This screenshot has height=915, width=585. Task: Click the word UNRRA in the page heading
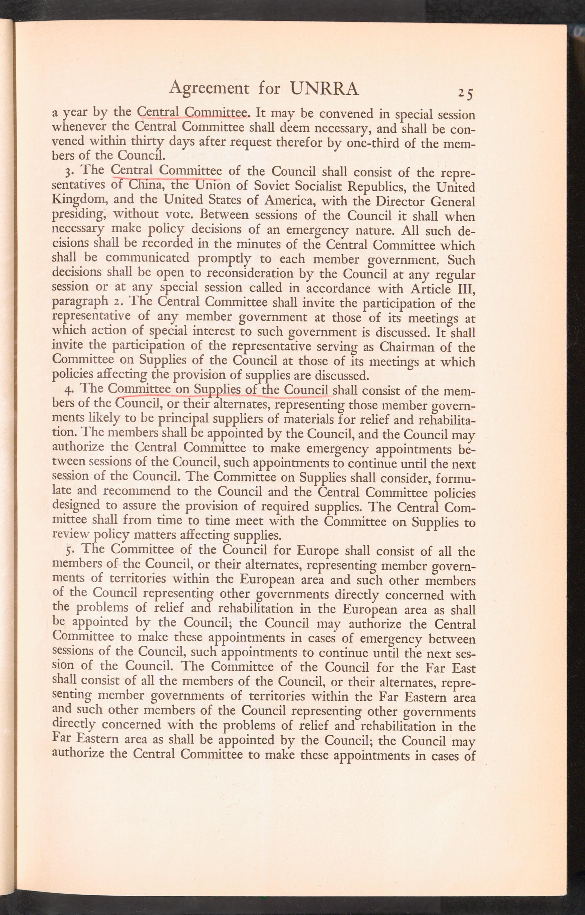pos(324,89)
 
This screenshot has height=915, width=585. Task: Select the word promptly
pos(224,259)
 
